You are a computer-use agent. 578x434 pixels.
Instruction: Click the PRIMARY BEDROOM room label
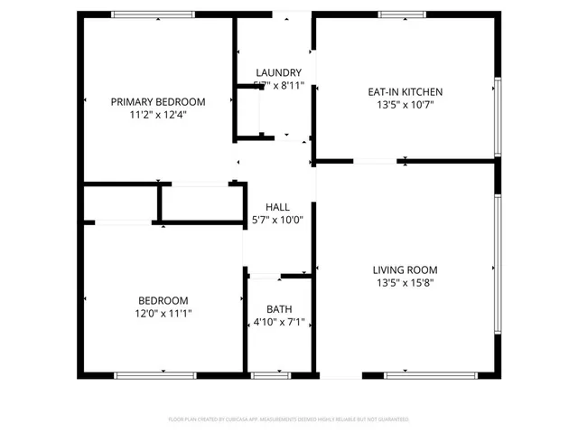pyautogui.click(x=158, y=102)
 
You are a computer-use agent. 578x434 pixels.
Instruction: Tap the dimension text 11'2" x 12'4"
pyautogui.click(x=158, y=115)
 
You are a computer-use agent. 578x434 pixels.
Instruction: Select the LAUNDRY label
pyautogui.click(x=278, y=73)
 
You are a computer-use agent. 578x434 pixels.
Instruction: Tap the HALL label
pyautogui.click(x=277, y=207)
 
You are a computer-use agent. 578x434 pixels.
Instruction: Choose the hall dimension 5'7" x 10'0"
pyautogui.click(x=277, y=220)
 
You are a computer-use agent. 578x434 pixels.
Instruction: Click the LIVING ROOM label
pyautogui.click(x=405, y=269)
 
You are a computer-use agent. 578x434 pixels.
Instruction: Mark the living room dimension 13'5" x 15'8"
pyautogui.click(x=405, y=282)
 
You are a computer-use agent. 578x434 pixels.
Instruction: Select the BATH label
pyautogui.click(x=279, y=309)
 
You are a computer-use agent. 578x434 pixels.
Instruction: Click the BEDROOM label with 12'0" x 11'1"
pyautogui.click(x=163, y=301)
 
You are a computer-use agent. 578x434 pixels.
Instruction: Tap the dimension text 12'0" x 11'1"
pyautogui.click(x=163, y=314)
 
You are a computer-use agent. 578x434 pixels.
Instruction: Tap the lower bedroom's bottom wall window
pyautogui.click(x=155, y=374)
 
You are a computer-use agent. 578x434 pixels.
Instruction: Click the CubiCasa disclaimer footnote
pyautogui.click(x=289, y=420)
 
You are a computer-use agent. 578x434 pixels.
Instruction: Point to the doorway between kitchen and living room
pyautogui.click(x=374, y=162)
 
